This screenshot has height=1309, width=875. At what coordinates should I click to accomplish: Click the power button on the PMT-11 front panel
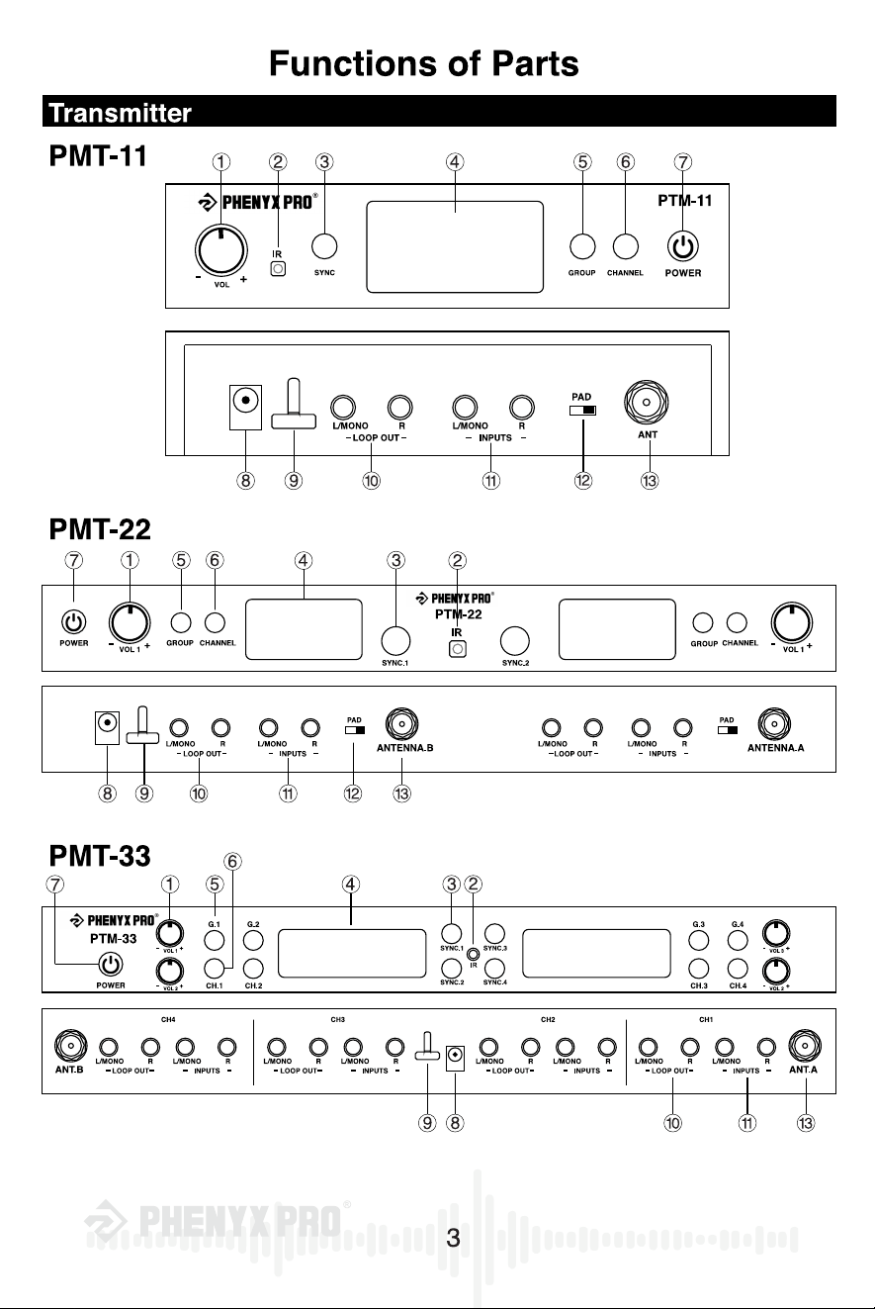[x=683, y=246]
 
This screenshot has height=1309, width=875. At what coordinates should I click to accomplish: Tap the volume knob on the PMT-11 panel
[x=221, y=249]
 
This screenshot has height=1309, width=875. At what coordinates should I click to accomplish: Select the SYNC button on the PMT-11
[x=324, y=246]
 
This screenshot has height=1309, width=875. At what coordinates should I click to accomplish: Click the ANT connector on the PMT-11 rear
[x=646, y=402]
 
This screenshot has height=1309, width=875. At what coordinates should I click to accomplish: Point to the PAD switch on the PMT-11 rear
[x=582, y=411]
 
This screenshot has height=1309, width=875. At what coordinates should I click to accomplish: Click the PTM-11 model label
[x=684, y=201]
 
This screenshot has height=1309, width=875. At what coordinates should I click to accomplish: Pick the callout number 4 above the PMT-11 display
[x=455, y=162]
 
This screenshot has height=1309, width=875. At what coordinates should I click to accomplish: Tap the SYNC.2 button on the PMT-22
[x=514, y=640]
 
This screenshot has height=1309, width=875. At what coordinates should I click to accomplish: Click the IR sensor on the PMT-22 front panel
[x=458, y=649]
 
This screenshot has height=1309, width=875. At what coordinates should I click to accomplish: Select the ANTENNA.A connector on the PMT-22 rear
[x=774, y=723]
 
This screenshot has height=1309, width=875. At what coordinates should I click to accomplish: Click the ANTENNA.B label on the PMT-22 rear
[x=404, y=747]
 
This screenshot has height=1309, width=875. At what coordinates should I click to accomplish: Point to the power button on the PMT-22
[x=73, y=622]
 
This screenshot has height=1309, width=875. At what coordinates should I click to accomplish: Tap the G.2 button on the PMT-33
[x=253, y=940]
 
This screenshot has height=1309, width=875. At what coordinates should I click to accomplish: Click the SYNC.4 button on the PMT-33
[x=494, y=969]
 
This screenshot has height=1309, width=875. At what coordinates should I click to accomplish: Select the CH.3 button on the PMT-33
[x=699, y=969]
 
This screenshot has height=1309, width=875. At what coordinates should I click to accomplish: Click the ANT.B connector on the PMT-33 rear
[x=70, y=1046]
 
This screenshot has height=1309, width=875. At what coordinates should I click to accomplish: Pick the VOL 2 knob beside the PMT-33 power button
[x=170, y=972]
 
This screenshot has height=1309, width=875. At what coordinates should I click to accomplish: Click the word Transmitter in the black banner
[x=120, y=113]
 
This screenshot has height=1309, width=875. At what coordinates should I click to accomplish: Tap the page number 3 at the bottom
[x=453, y=1238]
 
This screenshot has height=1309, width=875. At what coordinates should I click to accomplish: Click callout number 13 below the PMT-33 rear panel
[x=806, y=1123]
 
